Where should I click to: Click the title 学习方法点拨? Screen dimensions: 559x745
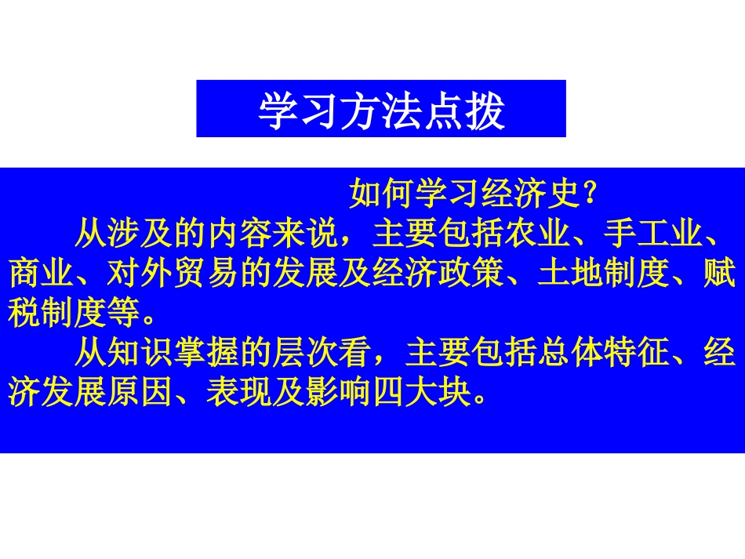[x=381, y=111]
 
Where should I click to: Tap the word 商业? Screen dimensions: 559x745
[x=42, y=274]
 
